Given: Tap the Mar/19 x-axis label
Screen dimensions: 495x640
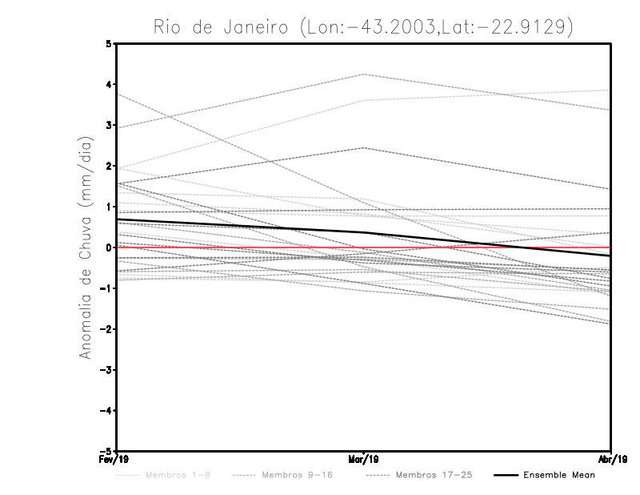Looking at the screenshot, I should point(364,460).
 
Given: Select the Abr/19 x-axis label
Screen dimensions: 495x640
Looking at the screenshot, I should point(611,460).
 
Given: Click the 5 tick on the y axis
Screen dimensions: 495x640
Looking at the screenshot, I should point(109,44).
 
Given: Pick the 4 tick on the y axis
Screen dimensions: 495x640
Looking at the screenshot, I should point(109,85).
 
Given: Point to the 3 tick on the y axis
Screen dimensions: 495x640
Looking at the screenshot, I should point(109,126).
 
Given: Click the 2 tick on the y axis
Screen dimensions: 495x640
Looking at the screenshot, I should point(109,167).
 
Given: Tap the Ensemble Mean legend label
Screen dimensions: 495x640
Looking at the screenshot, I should point(559,475).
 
